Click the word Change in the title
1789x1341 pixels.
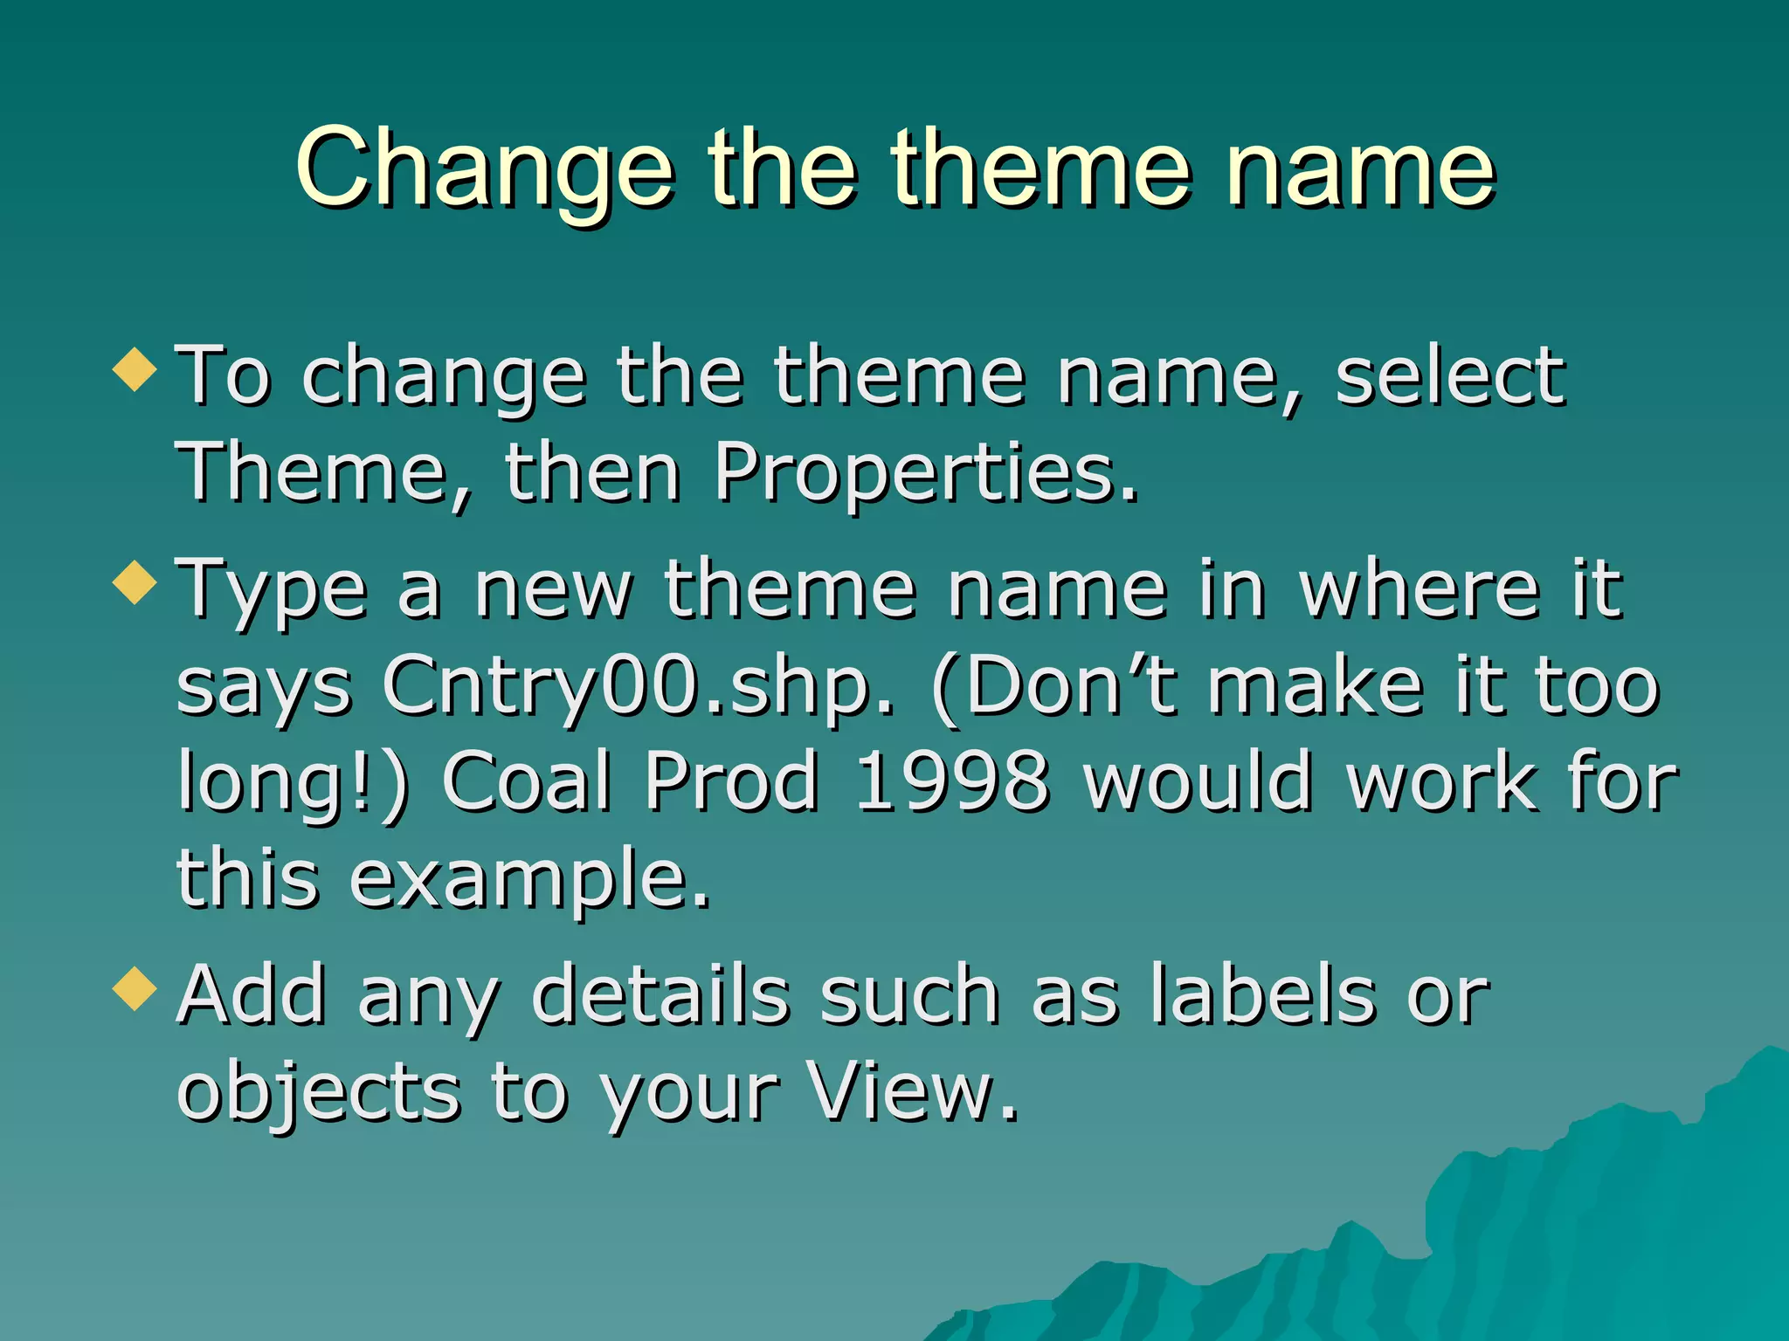pos(485,170)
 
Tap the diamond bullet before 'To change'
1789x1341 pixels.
pos(135,368)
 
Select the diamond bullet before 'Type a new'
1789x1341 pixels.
pos(135,582)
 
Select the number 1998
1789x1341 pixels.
pos(951,781)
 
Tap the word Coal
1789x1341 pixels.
pos(526,781)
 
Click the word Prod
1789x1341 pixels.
pos(732,781)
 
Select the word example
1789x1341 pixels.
pos(529,880)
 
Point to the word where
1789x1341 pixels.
pos(1419,590)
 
